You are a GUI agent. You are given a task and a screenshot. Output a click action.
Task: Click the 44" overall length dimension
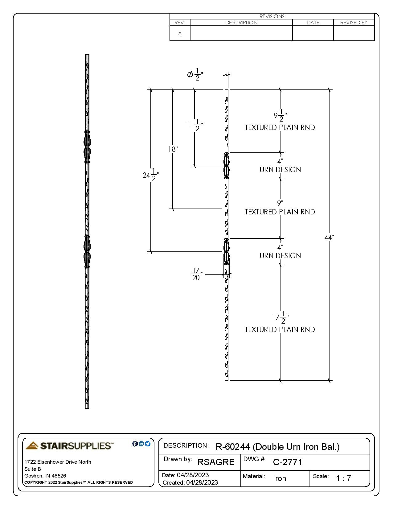click(x=329, y=238)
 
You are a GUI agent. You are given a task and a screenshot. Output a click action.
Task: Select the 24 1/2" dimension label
click(x=151, y=175)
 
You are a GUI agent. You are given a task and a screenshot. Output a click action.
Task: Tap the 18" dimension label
click(x=173, y=149)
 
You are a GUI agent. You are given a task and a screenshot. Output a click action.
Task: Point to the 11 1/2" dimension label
click(x=195, y=126)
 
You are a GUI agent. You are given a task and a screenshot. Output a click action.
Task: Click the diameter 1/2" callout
click(x=195, y=75)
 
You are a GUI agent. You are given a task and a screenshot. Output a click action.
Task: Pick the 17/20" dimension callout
click(x=197, y=274)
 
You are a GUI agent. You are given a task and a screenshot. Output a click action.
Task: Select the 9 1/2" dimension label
click(x=280, y=116)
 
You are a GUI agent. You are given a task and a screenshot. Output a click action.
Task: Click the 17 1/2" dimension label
click(x=280, y=318)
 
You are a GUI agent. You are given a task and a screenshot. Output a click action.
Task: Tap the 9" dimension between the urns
click(x=280, y=203)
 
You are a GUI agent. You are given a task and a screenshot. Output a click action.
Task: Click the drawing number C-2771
click(x=288, y=462)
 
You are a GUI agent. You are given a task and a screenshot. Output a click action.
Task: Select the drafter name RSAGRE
click(x=216, y=462)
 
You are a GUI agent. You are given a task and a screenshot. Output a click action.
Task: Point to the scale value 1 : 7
click(x=343, y=478)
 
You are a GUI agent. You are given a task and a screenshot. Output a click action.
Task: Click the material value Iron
click(x=279, y=478)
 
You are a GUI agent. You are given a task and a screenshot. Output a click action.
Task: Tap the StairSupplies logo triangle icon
click(x=32, y=445)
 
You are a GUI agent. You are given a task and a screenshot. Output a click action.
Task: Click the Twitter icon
click(x=148, y=444)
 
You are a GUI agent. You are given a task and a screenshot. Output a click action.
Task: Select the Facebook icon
click(x=135, y=444)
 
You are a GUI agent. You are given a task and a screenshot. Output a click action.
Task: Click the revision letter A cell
click(x=180, y=33)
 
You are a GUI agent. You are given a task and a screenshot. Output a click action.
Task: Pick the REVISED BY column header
click(x=354, y=23)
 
